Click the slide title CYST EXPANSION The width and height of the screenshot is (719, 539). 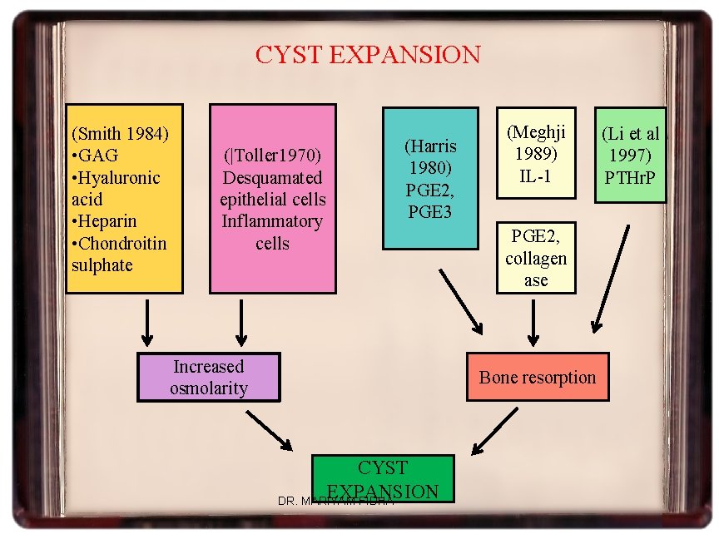point(367,55)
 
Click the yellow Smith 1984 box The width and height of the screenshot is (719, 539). point(124,198)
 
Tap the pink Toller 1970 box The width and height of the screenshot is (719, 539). point(272,198)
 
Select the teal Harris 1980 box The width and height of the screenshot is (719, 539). point(429,178)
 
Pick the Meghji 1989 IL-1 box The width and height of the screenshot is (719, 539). point(536,153)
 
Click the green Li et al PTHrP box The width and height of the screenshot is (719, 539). point(630,155)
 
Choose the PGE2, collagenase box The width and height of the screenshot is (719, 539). point(536,258)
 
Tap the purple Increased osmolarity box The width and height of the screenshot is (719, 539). point(208,377)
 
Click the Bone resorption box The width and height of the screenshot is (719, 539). point(537,377)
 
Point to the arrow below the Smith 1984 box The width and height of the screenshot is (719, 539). point(147,323)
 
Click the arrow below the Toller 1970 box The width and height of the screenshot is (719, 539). point(241,323)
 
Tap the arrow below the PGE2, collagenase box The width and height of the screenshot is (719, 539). point(533,324)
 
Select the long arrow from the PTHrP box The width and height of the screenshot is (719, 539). point(611,279)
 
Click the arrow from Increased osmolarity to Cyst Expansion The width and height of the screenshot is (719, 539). point(273,432)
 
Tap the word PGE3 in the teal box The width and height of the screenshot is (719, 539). point(429,211)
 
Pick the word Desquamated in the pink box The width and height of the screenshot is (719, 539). point(272,177)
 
